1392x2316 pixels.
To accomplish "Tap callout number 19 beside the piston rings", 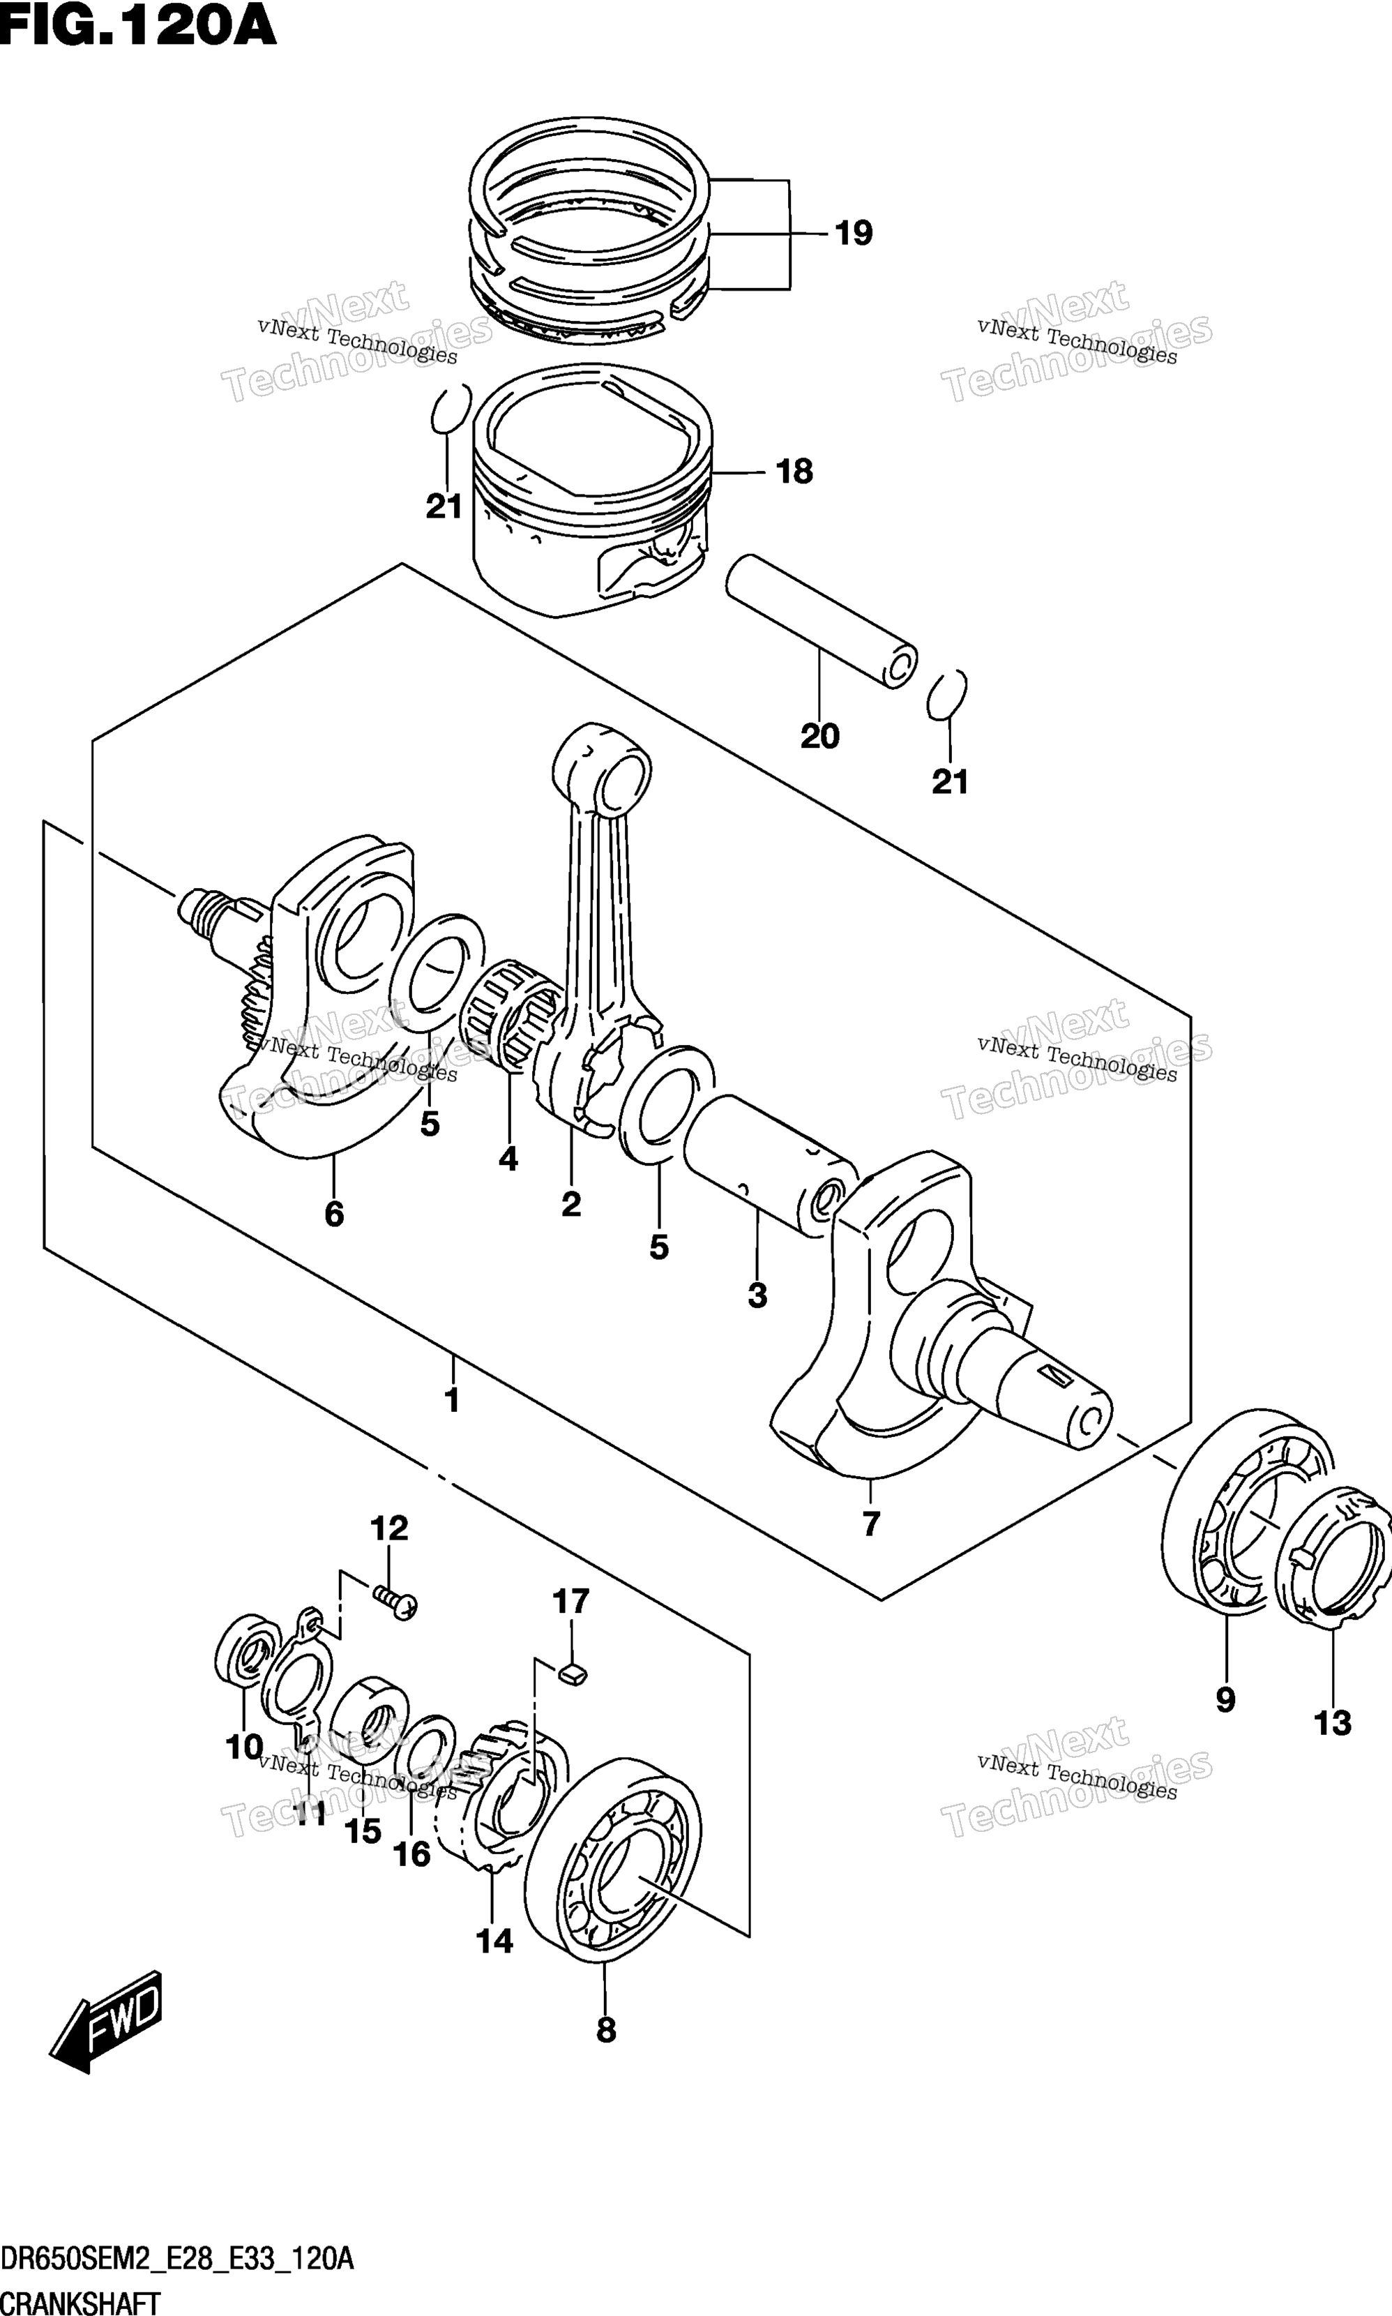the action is [854, 232].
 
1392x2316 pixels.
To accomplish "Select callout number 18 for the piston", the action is [794, 471].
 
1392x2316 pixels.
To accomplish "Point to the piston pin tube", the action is [822, 621].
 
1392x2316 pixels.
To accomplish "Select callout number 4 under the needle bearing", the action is [508, 1159].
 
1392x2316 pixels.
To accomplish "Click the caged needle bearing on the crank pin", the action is [511, 1013].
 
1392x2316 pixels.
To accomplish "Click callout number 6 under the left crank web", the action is [334, 1215].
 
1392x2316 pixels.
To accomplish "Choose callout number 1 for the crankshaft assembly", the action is [452, 1401].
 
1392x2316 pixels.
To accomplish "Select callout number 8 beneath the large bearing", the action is [606, 2031].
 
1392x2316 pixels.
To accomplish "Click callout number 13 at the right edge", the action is [1333, 1723].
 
